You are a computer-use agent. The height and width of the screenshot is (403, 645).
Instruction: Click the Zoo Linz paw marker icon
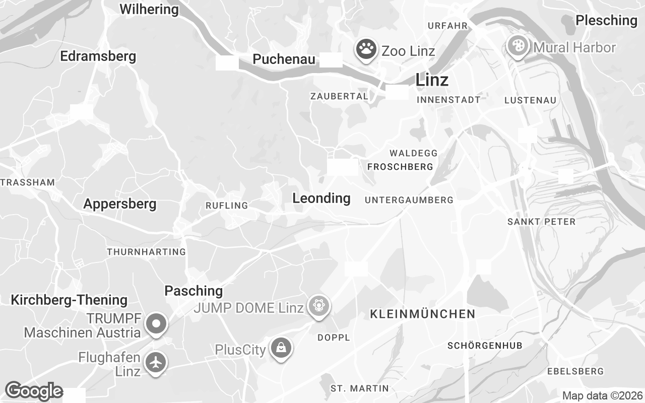click(x=366, y=49)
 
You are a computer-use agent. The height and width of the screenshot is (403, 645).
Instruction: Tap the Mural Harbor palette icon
click(x=518, y=47)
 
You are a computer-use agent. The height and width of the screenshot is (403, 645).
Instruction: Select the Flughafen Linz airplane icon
click(x=156, y=362)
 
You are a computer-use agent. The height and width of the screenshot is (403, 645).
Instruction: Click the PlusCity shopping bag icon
click(x=280, y=348)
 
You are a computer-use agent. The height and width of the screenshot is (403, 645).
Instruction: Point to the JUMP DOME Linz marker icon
click(x=318, y=306)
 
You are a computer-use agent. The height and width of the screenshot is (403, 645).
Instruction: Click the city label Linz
click(x=432, y=80)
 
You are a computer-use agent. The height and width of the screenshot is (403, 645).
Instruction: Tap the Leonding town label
click(x=321, y=198)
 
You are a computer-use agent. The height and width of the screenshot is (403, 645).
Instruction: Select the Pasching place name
click(x=193, y=291)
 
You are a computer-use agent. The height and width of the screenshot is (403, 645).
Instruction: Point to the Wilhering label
click(x=149, y=9)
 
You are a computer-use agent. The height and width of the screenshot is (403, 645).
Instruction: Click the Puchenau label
click(x=284, y=59)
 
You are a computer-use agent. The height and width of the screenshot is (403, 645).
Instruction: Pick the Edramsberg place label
click(x=98, y=56)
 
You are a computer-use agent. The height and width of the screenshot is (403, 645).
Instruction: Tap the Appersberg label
click(x=119, y=204)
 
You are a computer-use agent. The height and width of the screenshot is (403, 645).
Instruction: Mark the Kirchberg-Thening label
click(x=69, y=300)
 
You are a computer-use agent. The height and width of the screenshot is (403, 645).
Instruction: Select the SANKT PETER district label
click(x=541, y=222)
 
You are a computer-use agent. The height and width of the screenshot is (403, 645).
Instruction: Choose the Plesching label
click(x=606, y=20)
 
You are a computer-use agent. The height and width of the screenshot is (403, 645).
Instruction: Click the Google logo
click(x=34, y=391)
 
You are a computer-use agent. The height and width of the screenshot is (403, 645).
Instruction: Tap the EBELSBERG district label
click(x=575, y=371)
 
